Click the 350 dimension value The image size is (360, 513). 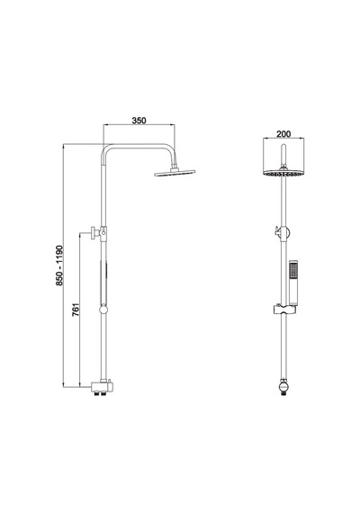(x=139, y=121)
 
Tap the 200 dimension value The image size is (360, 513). (x=283, y=134)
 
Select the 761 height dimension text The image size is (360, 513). (x=76, y=310)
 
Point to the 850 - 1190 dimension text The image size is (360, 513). (x=59, y=265)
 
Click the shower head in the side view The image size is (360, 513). (x=175, y=173)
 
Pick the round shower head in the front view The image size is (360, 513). (x=283, y=173)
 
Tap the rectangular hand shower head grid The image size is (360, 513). (x=293, y=271)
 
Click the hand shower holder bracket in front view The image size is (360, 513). (x=284, y=310)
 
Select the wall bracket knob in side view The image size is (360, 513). (x=95, y=232)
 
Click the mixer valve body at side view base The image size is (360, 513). (x=102, y=387)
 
